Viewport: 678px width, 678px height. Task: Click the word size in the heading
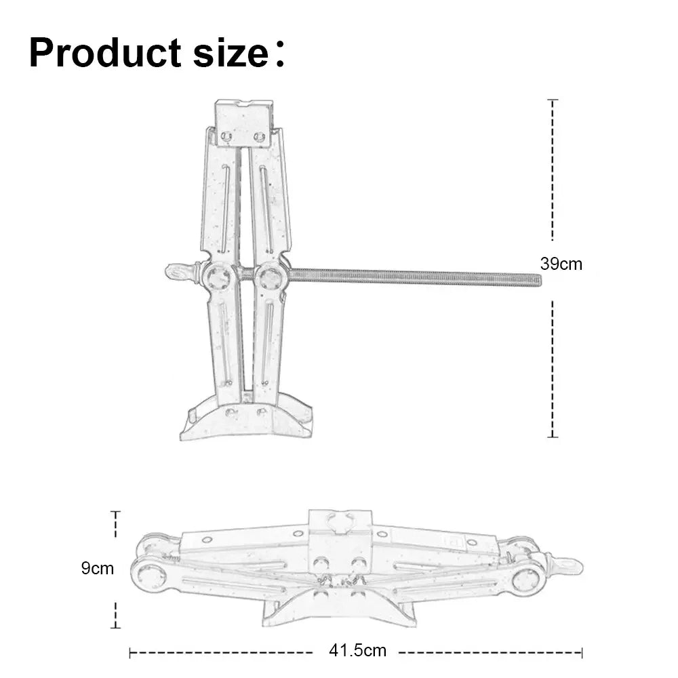tap(231, 53)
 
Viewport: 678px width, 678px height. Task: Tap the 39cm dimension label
tap(561, 264)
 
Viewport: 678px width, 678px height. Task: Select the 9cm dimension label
tap(98, 568)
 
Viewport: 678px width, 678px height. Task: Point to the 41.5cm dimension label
tap(357, 651)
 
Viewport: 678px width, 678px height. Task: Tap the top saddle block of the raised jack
tap(243, 123)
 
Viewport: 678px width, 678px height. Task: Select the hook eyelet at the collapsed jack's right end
tap(567, 564)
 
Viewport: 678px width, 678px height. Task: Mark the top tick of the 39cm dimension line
tap(553, 100)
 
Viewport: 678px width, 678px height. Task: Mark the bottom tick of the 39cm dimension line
tap(553, 437)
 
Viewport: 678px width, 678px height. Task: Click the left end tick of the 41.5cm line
tap(130, 653)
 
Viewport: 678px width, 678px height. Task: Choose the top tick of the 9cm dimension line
tap(115, 513)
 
